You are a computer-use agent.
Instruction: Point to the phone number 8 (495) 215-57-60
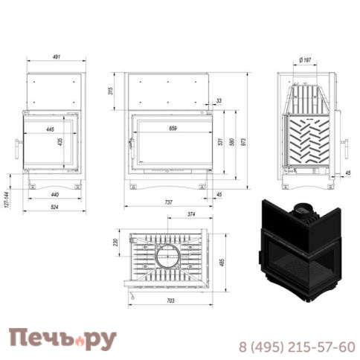(x=295, y=347)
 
